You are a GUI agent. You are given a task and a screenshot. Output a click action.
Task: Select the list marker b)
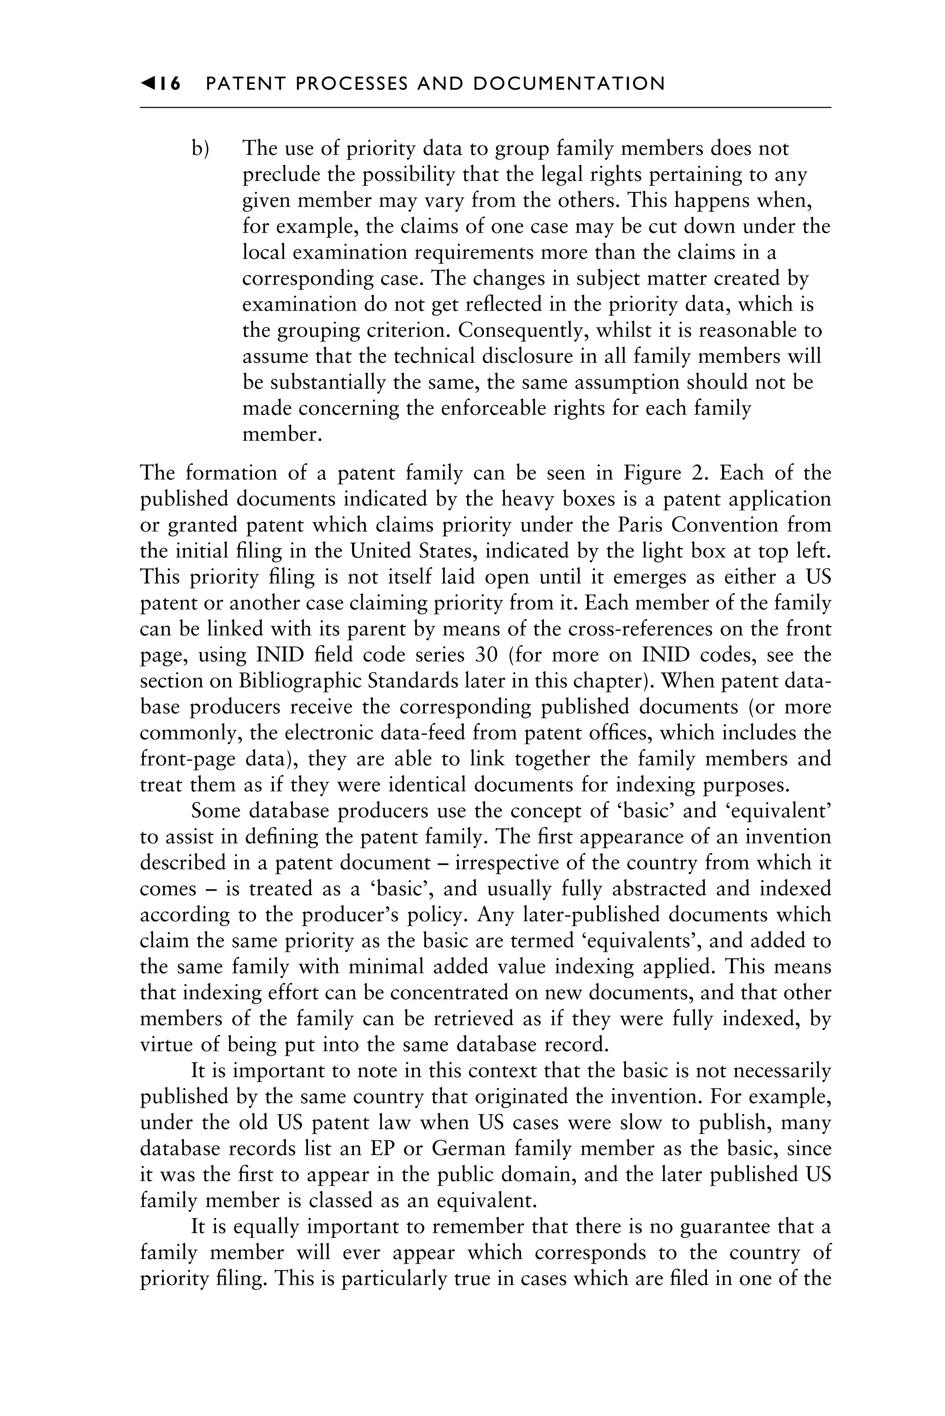(200, 148)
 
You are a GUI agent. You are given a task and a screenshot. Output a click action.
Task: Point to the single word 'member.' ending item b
(282, 435)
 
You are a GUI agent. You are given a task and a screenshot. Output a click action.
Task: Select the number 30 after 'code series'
(486, 655)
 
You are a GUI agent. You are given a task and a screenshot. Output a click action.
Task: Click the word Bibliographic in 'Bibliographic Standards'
(299, 681)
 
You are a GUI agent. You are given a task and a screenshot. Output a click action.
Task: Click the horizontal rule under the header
(485, 108)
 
